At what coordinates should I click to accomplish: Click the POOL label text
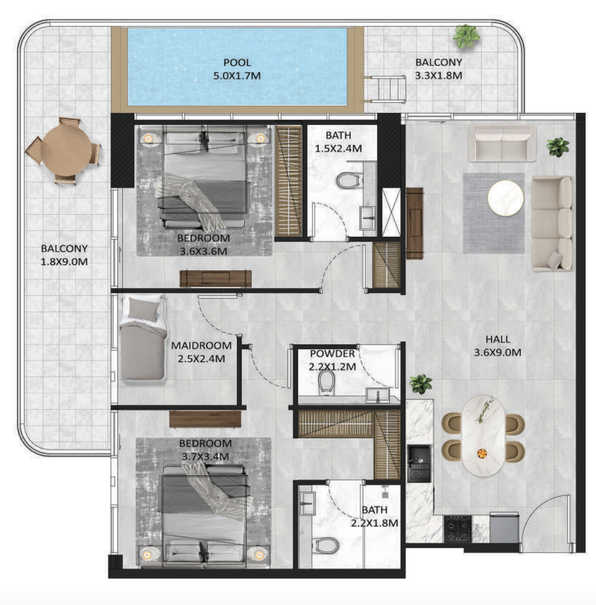(x=237, y=62)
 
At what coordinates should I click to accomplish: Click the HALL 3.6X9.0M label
(x=498, y=346)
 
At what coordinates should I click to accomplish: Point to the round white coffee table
(x=505, y=199)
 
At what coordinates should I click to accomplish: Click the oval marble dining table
(x=483, y=436)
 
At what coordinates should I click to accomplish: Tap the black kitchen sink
(x=419, y=463)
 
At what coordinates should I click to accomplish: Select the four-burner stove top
(x=458, y=529)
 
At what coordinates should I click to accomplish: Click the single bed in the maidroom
(x=143, y=339)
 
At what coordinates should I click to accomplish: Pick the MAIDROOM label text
(x=201, y=346)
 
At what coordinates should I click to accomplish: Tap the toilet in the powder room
(x=326, y=383)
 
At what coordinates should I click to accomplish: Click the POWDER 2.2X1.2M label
(x=332, y=360)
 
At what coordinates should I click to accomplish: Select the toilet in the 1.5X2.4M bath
(x=350, y=180)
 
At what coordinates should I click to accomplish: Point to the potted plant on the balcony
(x=466, y=36)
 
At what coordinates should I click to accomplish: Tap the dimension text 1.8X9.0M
(x=64, y=261)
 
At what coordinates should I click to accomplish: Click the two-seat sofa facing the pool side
(x=502, y=143)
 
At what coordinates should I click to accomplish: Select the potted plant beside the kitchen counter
(x=420, y=384)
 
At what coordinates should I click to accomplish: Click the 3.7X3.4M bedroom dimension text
(x=205, y=457)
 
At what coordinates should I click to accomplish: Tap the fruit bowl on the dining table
(x=481, y=453)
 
